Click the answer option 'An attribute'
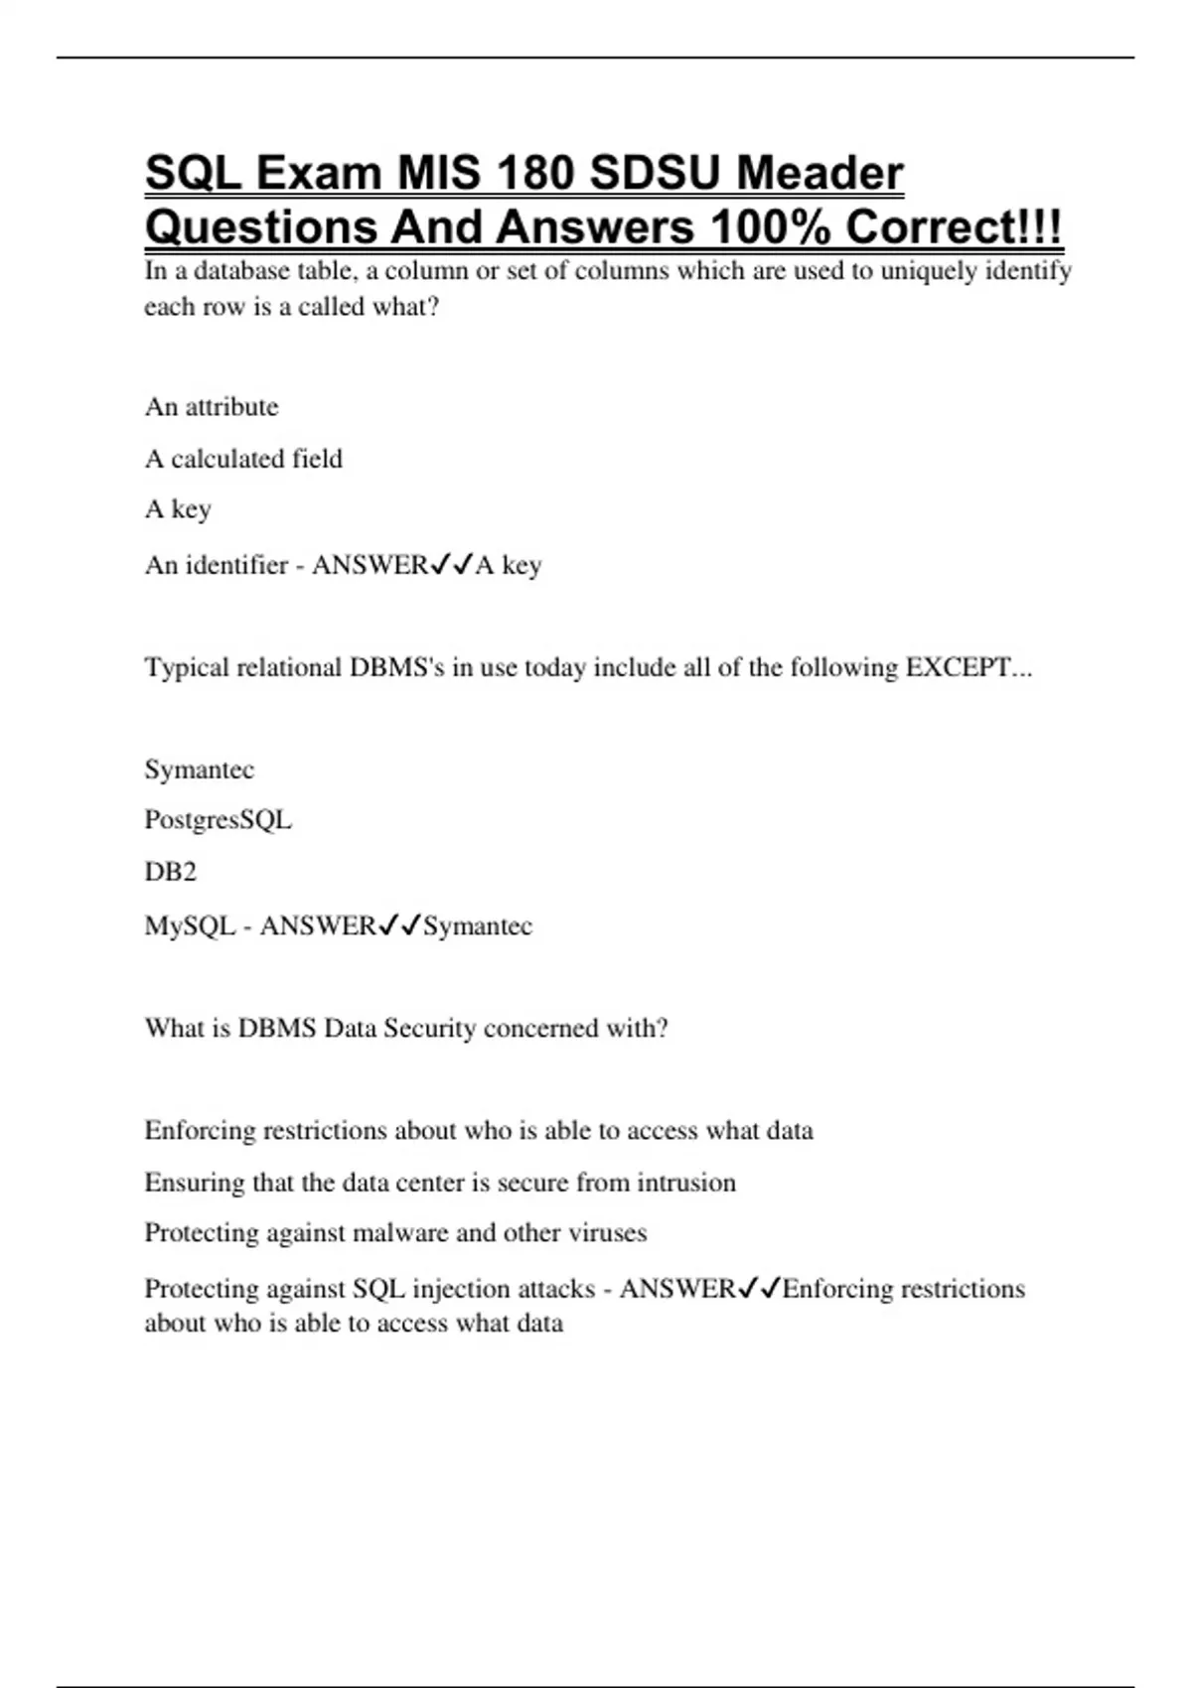coord(212,407)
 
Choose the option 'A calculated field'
coord(243,459)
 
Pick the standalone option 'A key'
coord(178,509)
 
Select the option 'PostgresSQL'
coord(218,820)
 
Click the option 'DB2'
coord(170,872)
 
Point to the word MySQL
coord(190,925)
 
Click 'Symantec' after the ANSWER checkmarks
coord(478,925)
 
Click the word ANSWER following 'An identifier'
coord(370,565)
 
